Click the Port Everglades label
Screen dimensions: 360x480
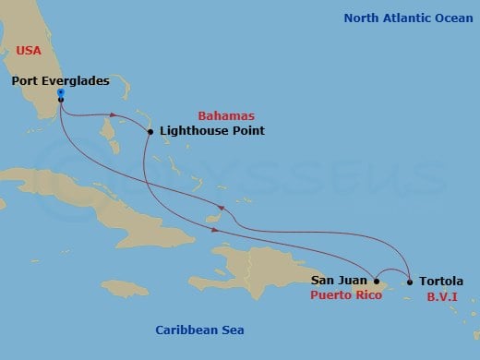(x=60, y=81)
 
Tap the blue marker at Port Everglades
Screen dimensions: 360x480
(x=60, y=93)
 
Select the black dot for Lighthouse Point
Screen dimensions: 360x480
(x=150, y=132)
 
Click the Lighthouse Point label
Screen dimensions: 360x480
(x=211, y=131)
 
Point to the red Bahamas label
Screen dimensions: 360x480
(x=226, y=115)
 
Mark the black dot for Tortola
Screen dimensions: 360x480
(x=410, y=282)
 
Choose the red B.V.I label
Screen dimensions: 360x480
(x=438, y=296)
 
